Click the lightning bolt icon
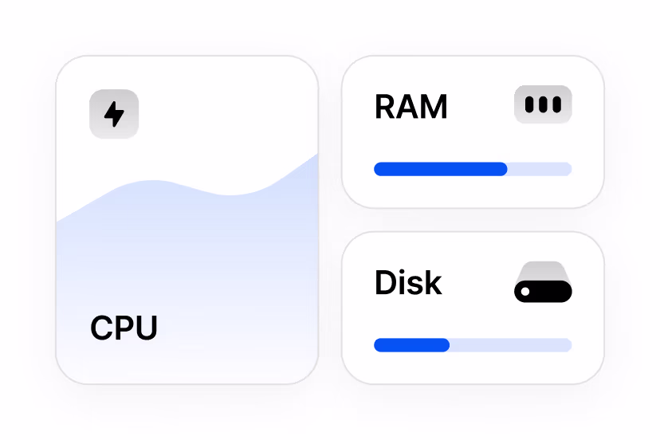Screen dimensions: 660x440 pos(114,114)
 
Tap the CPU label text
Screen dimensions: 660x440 pos(124,328)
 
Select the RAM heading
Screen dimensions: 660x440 pos(411,107)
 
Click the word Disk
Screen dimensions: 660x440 pos(408,282)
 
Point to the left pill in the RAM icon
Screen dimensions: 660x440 pos(529,104)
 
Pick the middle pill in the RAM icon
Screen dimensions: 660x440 pos(543,104)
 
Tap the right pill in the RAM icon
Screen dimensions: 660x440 pos(557,104)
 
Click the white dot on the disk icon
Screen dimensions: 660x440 pos(525,292)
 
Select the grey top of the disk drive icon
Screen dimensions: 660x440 pos(543,271)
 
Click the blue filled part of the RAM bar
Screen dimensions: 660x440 pos(441,169)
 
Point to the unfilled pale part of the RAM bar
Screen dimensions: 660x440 pos(540,169)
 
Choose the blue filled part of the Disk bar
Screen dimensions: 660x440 pos(411,345)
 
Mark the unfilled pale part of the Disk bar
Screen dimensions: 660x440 pos(511,345)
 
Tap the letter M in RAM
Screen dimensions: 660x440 pos(433,107)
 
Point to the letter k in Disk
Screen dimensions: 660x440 pos(433,282)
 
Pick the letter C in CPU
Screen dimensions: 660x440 pos(101,328)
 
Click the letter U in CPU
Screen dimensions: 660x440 pos(147,328)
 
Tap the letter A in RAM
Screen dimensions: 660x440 pos(407,107)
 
